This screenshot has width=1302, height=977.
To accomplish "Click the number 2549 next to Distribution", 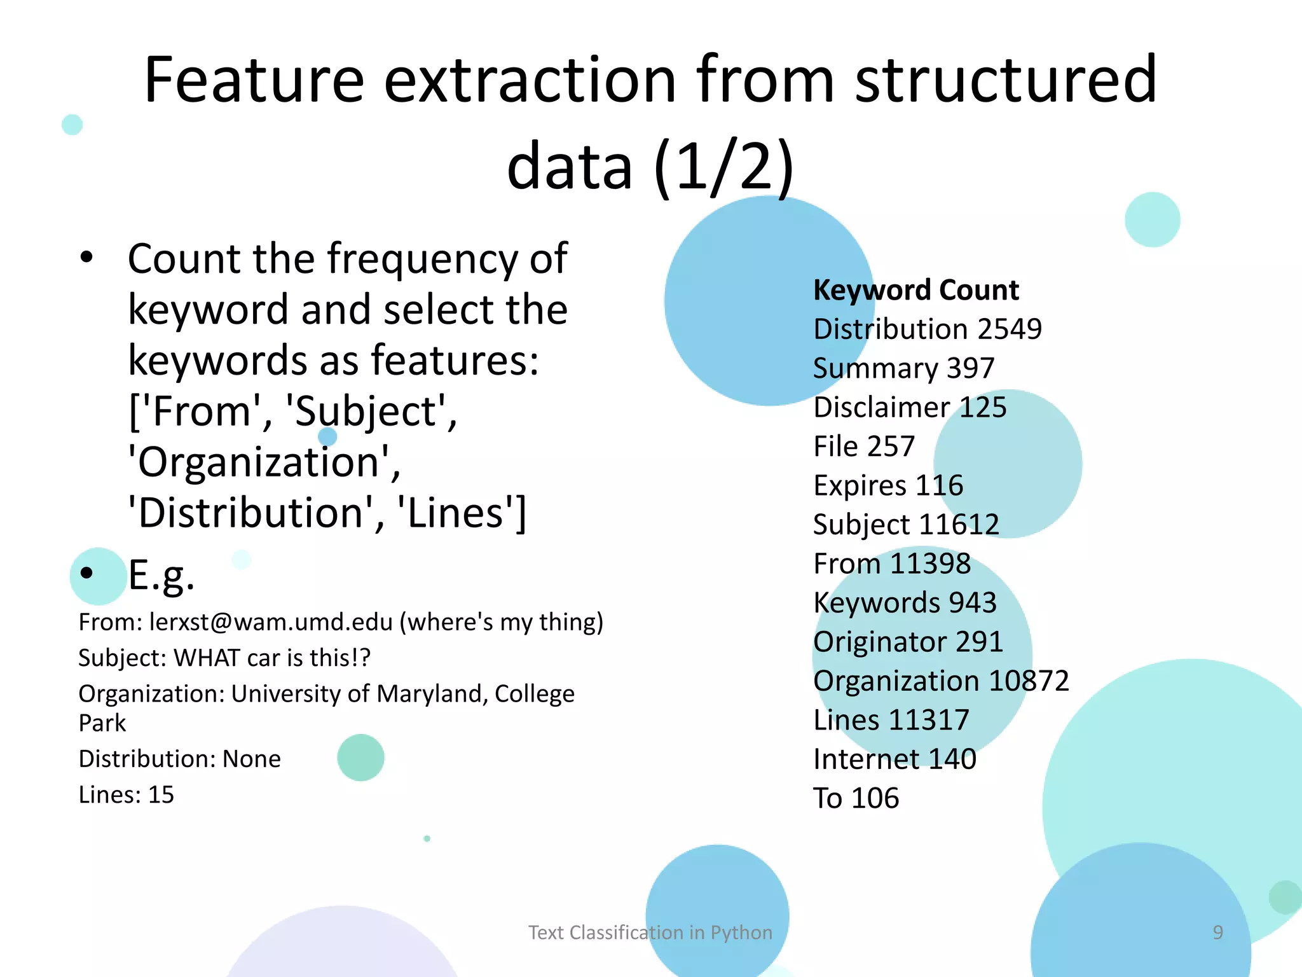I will (1010, 329).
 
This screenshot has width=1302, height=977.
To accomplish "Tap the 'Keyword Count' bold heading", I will (916, 290).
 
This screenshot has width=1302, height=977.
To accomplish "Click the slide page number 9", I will (1217, 932).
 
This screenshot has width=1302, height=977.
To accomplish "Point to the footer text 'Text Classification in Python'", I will (650, 932).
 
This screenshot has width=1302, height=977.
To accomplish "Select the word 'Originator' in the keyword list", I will (877, 642).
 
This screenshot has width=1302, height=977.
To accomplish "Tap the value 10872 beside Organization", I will (1029, 681).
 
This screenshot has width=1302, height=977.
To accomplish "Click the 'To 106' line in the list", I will (856, 798).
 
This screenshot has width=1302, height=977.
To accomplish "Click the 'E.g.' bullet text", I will (161, 574).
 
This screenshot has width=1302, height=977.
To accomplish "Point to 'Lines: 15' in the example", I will (126, 795).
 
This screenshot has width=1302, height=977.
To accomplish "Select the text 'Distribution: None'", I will (179, 759).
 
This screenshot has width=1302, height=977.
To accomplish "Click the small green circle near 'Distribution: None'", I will (360, 758).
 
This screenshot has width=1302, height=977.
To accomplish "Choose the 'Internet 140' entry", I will (894, 759).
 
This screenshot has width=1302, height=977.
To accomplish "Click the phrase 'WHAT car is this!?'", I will (271, 658).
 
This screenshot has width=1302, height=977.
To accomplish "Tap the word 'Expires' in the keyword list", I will (860, 486).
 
